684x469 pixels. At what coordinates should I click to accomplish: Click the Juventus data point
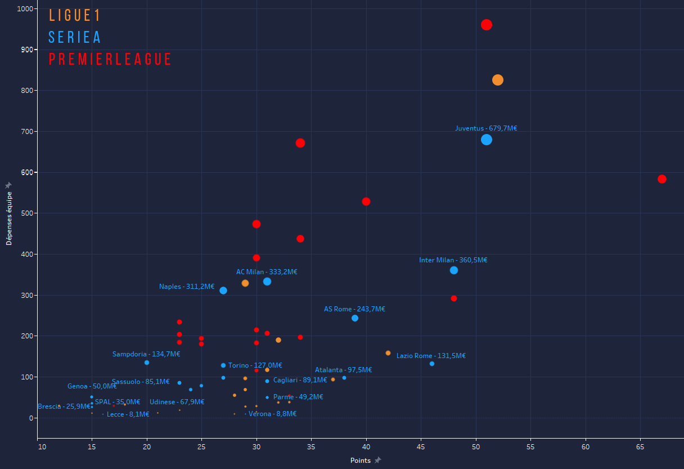(487, 140)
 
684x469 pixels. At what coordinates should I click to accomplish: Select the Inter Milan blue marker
(454, 270)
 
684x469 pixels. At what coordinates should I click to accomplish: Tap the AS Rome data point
(355, 318)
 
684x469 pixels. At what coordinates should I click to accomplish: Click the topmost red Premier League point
(487, 25)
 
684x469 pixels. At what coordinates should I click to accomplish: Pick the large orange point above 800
(498, 80)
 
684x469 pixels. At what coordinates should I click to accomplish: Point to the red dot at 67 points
(662, 179)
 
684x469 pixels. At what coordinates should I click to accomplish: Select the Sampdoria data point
(147, 363)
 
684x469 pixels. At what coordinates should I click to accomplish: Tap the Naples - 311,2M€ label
(187, 287)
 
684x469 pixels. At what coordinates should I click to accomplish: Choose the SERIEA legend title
(75, 37)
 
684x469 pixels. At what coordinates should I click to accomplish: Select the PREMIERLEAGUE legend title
(110, 59)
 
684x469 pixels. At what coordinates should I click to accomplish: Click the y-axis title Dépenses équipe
(8, 218)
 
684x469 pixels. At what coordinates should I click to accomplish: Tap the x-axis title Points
(360, 461)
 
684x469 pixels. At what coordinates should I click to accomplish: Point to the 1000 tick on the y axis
(24, 9)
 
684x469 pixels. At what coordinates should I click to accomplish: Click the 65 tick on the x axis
(640, 447)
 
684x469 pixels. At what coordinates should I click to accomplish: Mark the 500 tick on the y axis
(26, 213)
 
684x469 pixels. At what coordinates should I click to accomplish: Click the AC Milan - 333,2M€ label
(267, 272)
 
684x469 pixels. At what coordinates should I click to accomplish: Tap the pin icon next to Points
(378, 460)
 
